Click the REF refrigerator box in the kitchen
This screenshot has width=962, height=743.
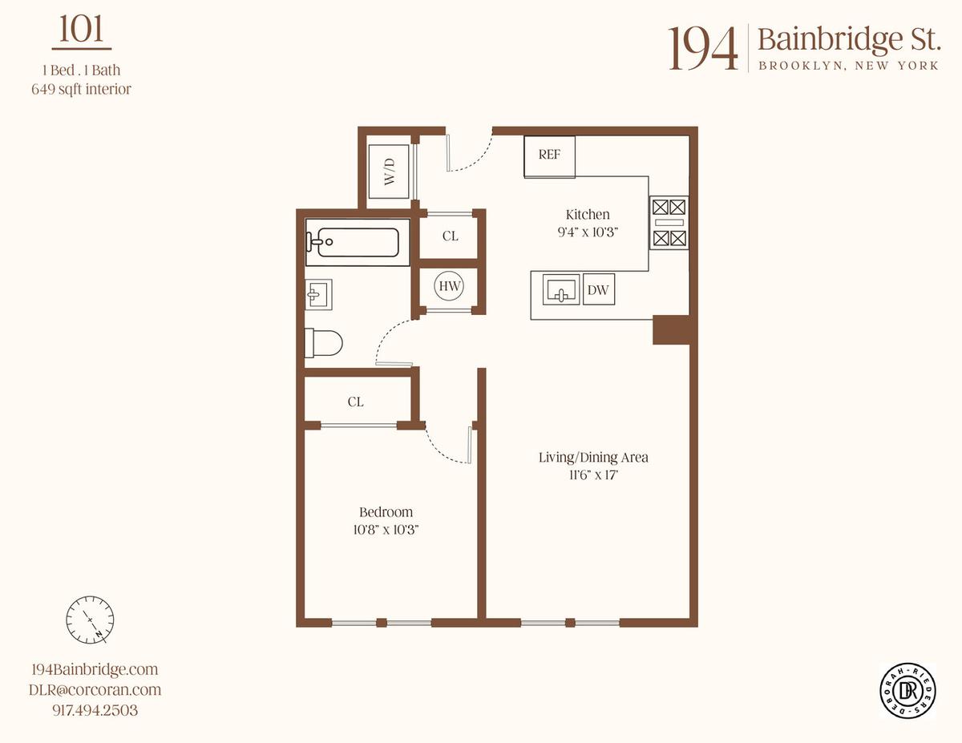549,156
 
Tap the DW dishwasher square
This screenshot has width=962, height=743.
599,289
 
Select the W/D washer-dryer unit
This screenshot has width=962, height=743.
389,172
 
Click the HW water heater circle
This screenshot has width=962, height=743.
450,286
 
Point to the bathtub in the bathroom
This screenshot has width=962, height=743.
358,242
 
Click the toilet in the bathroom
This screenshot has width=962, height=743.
324,343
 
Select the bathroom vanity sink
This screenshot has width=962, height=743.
318,294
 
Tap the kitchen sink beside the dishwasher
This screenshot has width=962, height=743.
561,289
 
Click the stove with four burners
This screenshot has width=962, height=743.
669,223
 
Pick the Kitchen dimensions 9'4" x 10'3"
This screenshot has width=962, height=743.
588,232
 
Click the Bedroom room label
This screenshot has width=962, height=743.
386,512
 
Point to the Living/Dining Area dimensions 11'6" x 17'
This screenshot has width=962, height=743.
593,474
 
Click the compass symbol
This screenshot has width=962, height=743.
90,620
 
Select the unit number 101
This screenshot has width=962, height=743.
82,29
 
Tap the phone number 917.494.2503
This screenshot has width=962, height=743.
95,710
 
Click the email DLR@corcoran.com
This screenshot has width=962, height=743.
95,689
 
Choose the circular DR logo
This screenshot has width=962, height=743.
907,690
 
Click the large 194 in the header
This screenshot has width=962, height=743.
703,49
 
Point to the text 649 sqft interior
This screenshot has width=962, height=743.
82,89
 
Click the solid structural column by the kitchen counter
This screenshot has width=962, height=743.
671,330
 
